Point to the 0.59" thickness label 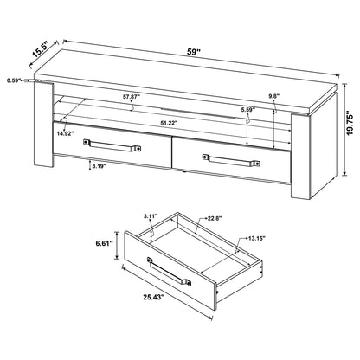12,80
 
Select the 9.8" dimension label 275,97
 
